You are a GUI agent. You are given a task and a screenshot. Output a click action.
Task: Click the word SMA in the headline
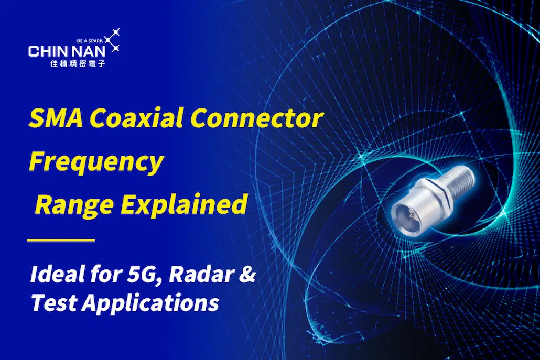click(56, 118)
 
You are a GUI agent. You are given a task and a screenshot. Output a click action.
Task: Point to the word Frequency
click(96, 162)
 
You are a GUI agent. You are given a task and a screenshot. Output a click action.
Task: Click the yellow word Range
click(74, 205)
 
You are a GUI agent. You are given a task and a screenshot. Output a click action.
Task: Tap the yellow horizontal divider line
click(61, 240)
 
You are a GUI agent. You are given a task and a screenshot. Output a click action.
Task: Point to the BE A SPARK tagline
click(90, 41)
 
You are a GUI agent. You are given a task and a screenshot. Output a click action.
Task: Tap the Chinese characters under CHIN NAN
click(78, 63)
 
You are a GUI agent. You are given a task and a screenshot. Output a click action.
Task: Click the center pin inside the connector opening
click(409, 215)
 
